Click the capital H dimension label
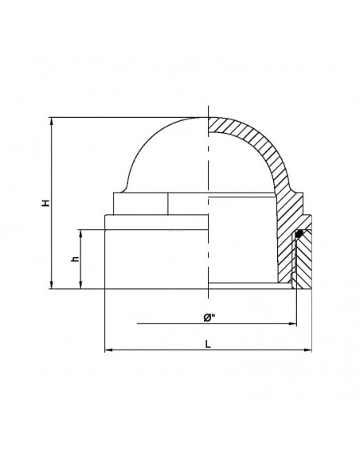click(x=46, y=203)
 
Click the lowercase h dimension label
click(x=76, y=259)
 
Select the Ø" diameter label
click(x=209, y=318)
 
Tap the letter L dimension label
click(x=208, y=344)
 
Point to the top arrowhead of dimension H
click(x=52, y=121)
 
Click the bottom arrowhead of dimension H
click(x=52, y=285)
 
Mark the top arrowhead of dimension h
click(x=80, y=233)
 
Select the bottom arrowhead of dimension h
click(x=80, y=285)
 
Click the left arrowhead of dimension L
click(x=109, y=350)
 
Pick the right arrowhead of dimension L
click(x=307, y=350)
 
